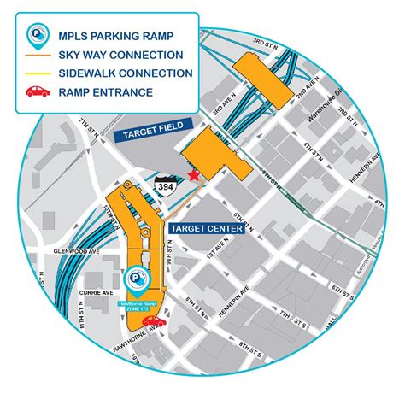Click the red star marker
click(195, 175)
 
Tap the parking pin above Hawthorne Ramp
click(136, 279)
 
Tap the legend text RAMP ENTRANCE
click(106, 91)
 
